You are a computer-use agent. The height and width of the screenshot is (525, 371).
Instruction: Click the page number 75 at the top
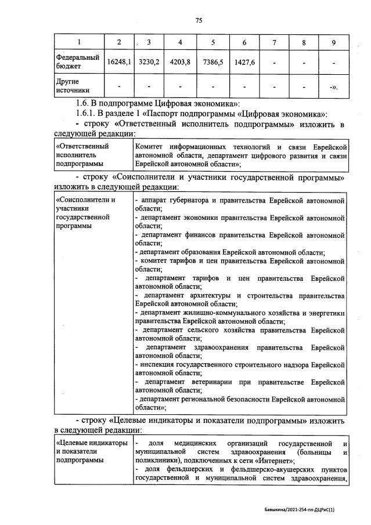[x=199, y=20]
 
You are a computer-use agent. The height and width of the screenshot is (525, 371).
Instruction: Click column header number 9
[x=333, y=43]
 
